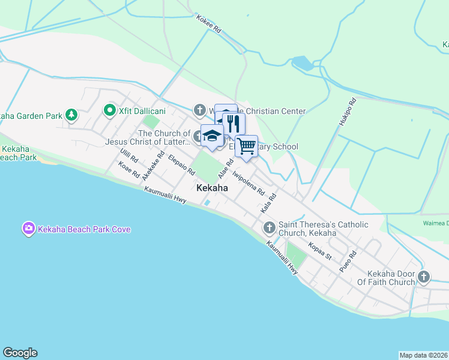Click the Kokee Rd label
point(209,24)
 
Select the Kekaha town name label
point(212,188)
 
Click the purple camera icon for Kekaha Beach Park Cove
point(28,229)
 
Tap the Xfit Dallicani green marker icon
point(109,110)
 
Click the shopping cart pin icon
point(246,146)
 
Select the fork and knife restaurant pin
point(234,124)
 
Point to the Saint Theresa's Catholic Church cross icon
point(269,228)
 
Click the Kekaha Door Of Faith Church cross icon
point(424,277)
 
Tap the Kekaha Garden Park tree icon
point(71,114)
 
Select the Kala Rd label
point(268,205)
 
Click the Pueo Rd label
point(348,262)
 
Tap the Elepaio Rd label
point(182,165)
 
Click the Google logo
point(20,353)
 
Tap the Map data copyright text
point(423,355)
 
